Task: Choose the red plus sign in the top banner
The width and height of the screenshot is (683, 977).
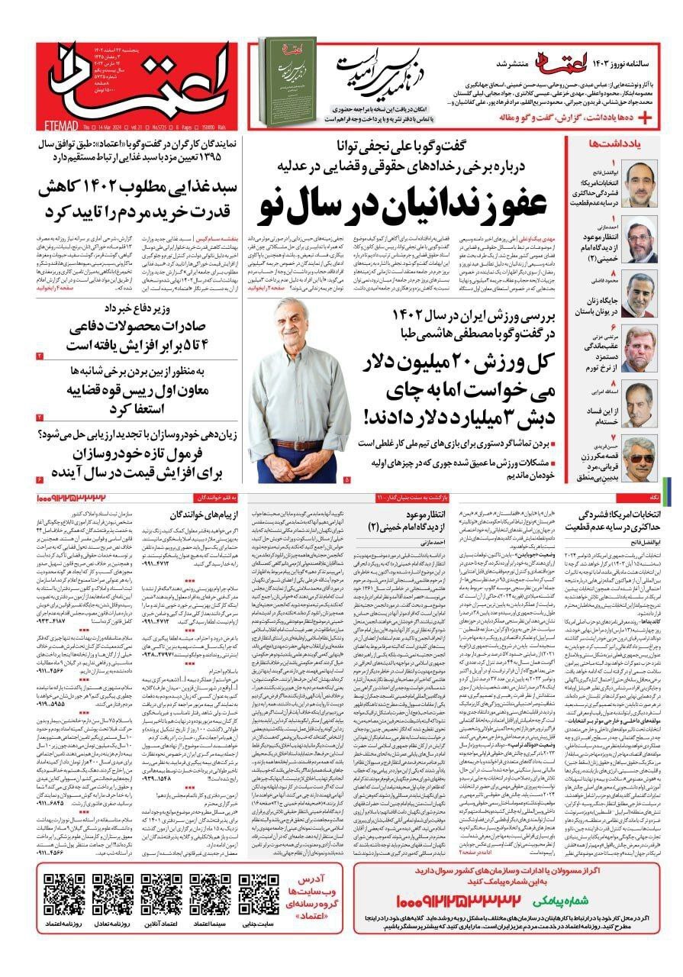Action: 646,117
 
